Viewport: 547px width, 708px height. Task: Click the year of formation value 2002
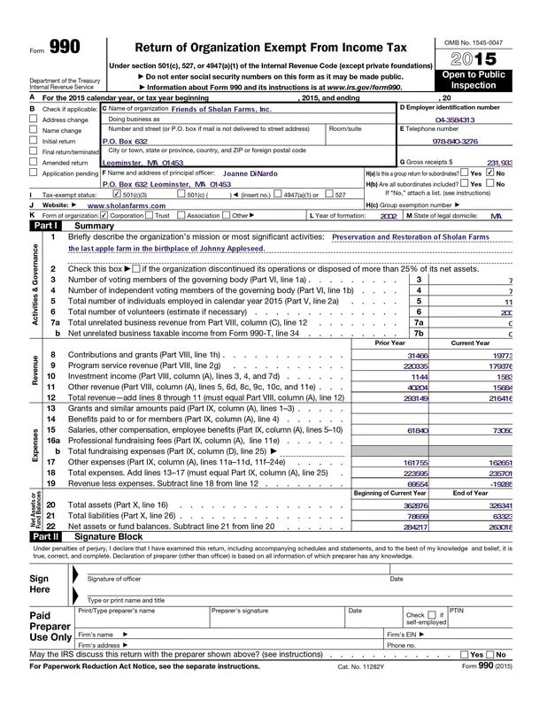(389, 214)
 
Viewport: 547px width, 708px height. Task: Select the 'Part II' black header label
(46, 536)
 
